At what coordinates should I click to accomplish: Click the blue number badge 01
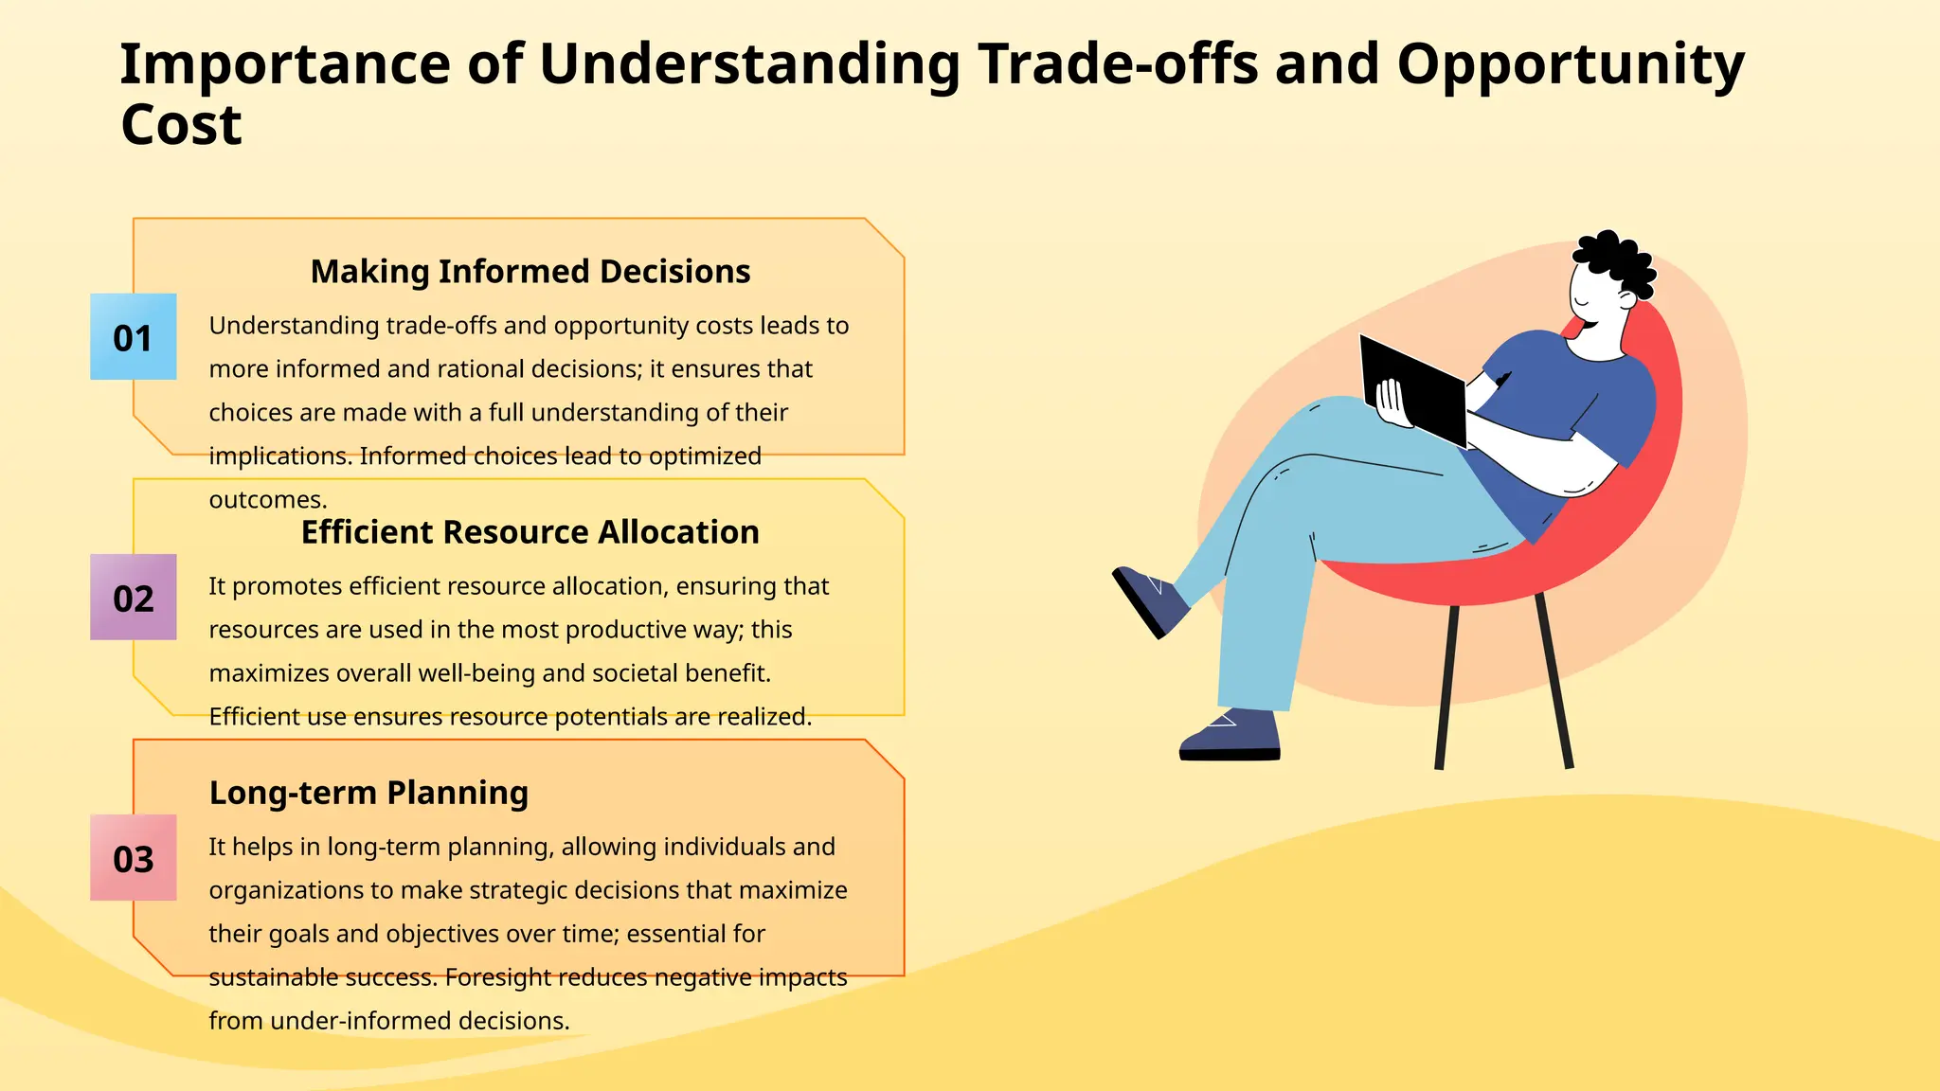point(133,337)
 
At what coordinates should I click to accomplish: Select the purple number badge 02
point(133,598)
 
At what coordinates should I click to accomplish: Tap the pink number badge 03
point(133,858)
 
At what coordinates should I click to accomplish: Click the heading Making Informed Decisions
point(530,272)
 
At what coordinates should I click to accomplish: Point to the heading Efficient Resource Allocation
point(530,532)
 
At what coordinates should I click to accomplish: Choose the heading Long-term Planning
point(368,793)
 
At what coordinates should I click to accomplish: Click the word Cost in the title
point(181,124)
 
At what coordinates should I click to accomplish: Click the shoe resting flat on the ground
point(1230,735)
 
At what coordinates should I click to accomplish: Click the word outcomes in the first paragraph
point(267,500)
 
